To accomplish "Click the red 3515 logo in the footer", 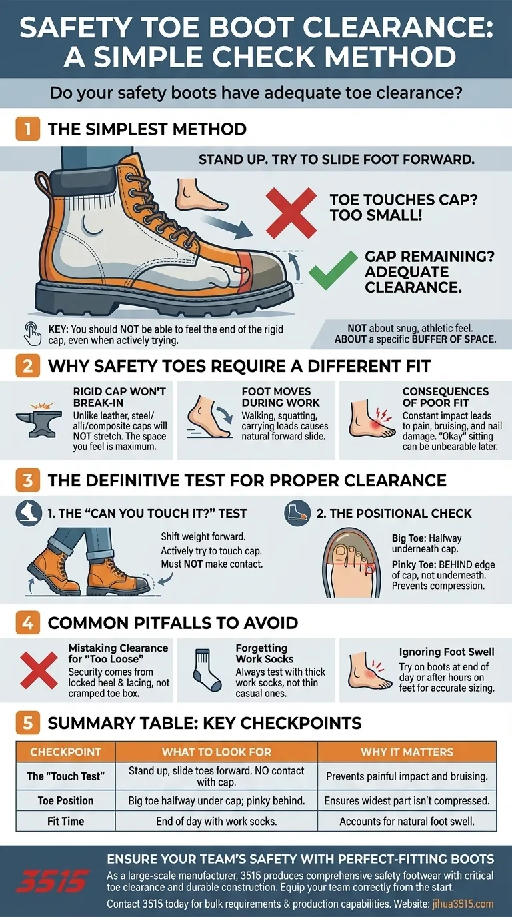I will click(x=51, y=884).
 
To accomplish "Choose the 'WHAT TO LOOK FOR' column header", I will click(x=217, y=752).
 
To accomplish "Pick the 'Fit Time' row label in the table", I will click(x=65, y=821).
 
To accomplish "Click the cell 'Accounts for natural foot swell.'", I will click(x=407, y=821).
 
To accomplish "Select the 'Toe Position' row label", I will click(x=65, y=800).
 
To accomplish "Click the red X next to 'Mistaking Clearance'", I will click(x=39, y=669).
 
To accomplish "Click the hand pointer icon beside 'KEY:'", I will click(x=33, y=331).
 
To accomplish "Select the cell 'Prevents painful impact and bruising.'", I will click(x=407, y=776).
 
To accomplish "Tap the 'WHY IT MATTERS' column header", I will click(x=407, y=752).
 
